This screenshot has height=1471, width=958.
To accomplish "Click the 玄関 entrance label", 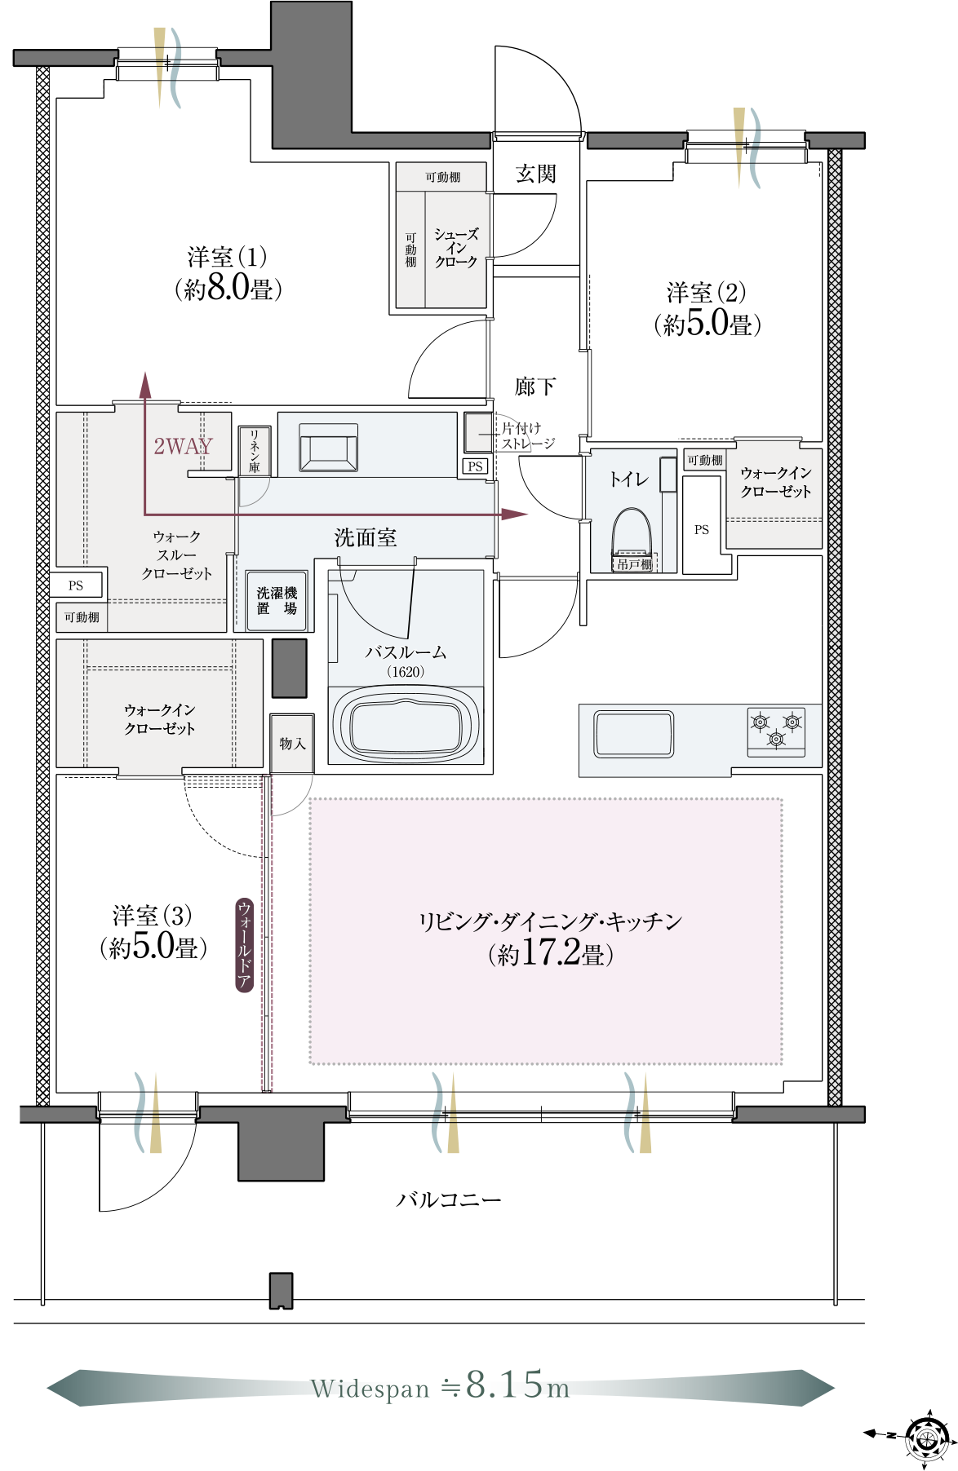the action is coord(535,174).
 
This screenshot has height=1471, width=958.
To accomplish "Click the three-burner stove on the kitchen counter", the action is coord(776,731).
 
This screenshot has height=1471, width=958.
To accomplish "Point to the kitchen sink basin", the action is coord(634,734).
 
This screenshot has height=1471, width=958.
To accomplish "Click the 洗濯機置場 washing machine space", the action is coord(277,601).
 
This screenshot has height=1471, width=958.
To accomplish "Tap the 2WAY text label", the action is coord(183,446).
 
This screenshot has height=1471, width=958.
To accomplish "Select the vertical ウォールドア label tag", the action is coord(244,944).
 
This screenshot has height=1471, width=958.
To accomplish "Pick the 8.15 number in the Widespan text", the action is coord(504,1385).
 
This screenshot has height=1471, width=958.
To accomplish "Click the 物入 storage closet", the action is coord(292,743).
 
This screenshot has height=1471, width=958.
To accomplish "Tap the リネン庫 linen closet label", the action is coord(254,451).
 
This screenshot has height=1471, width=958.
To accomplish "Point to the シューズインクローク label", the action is coord(456,248).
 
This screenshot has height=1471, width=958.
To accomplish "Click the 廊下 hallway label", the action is coord(535,386).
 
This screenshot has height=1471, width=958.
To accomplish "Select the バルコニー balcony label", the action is coord(448,1199).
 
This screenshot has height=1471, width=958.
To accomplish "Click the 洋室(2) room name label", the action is coord(706,292).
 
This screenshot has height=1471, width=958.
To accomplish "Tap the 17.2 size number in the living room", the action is coord(551,952).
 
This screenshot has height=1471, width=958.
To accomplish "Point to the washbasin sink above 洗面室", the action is coord(329,448).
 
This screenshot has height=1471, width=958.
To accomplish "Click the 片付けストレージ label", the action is coord(528,435).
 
